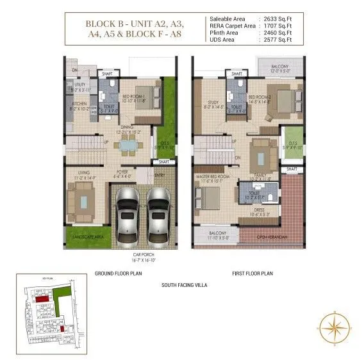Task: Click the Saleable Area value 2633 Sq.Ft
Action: (274, 19)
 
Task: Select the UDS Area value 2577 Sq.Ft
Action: (274, 40)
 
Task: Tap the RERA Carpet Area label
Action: (230, 26)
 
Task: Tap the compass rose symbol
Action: (335, 329)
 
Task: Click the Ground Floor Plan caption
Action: (119, 273)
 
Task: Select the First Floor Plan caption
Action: (252, 273)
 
